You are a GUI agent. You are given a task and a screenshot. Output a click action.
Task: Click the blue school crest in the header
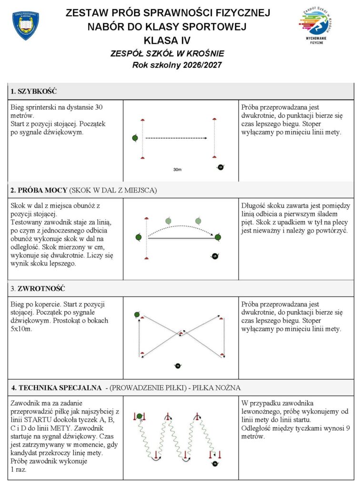tap(25, 25)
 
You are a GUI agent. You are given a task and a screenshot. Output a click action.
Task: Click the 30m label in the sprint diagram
tap(177, 169)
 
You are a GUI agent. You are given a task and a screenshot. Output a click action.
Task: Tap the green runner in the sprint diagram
tap(135, 138)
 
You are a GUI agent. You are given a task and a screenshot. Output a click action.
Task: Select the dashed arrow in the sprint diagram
tap(176, 139)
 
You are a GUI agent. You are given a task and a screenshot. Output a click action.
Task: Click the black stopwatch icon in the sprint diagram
tap(220, 167)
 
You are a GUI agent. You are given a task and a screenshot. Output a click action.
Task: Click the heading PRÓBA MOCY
tap(42, 191)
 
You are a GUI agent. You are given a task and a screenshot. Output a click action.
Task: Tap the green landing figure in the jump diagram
tap(218, 237)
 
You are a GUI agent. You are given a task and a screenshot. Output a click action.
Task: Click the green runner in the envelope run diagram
tap(137, 315)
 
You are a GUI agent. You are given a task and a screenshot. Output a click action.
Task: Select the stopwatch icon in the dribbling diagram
tap(215, 463)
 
